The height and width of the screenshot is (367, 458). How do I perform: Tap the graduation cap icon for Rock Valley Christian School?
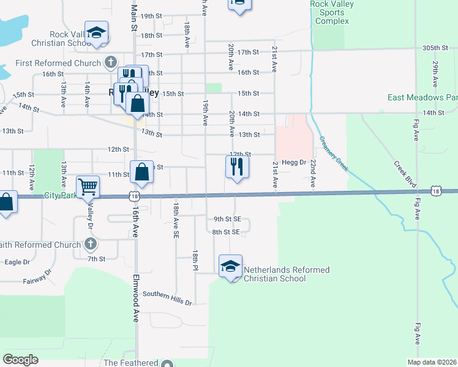point(96,33)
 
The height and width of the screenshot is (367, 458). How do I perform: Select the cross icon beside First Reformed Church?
point(110,62)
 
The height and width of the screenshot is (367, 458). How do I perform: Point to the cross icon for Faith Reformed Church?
point(90,245)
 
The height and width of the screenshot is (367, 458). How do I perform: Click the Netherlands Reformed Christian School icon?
point(230,267)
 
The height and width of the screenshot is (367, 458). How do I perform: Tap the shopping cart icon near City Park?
point(88,186)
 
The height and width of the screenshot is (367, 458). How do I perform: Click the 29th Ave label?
point(435,73)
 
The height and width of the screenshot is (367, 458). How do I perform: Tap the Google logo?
point(20,360)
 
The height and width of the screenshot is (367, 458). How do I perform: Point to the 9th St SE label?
point(227,218)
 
